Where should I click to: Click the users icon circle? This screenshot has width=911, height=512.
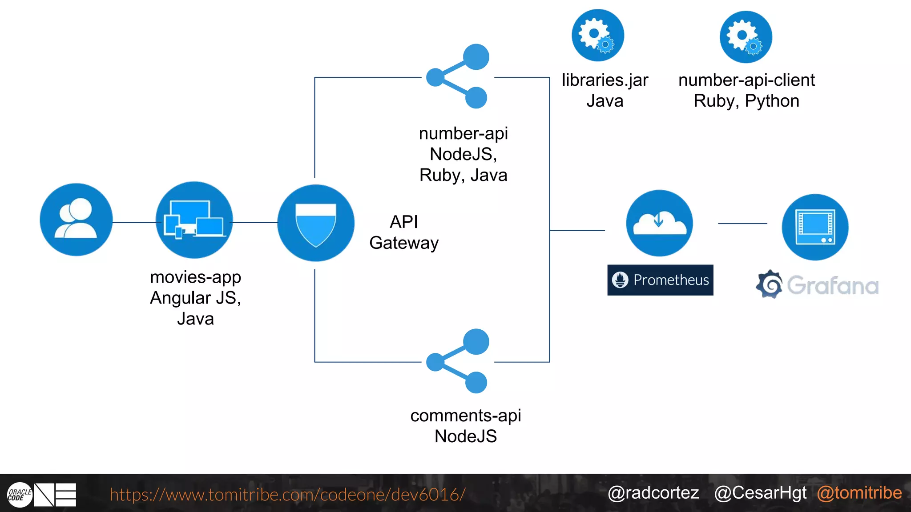pos(76,220)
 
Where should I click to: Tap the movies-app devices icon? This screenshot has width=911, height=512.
pos(194,220)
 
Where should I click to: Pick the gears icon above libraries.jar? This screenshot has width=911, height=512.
pos(598,35)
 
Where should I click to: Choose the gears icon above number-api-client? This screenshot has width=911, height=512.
pos(746,37)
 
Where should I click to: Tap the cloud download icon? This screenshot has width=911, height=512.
pos(659,223)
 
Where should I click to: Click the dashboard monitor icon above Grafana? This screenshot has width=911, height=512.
pos(815,227)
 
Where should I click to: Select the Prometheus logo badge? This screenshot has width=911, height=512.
pos(660,280)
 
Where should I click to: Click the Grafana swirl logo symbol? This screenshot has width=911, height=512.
pos(769,284)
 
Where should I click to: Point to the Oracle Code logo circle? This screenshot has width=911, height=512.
pos(20,495)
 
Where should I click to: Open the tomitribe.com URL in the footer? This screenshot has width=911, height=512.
pos(287,495)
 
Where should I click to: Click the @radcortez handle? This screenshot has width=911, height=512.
pos(653,493)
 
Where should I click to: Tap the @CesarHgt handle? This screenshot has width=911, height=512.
pos(760,493)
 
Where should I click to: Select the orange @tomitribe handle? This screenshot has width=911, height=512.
pos(859,493)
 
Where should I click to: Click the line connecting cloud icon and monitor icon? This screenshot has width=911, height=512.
pos(742,224)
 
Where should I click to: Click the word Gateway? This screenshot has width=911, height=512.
pos(404,243)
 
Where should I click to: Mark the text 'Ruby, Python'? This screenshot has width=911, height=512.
pos(746,101)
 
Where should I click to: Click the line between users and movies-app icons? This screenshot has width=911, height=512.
pos(134,222)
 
